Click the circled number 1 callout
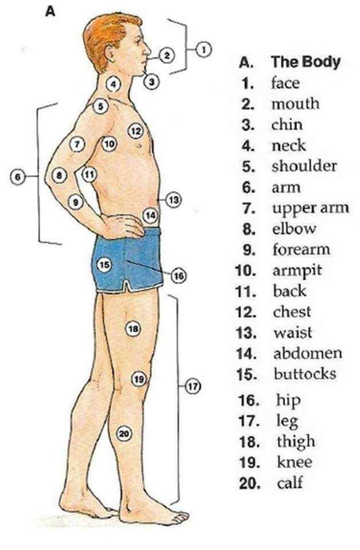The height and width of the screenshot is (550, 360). coord(203,48)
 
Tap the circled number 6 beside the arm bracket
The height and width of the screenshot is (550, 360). coord(18,178)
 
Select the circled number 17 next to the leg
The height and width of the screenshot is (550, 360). coord(192,386)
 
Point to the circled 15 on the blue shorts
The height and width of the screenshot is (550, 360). coord(104,265)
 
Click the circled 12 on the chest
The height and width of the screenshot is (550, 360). coord(135,131)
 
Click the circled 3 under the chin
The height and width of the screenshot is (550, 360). coord(151,82)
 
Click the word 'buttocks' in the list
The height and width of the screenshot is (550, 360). coord(304,374)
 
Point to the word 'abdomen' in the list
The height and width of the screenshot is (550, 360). coord(307,353)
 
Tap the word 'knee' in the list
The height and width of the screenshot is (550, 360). coord(294,462)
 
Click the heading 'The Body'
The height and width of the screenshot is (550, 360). coord(306,62)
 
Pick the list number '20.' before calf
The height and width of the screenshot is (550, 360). coord(251,483)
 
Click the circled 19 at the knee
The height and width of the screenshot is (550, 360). coord(138,379)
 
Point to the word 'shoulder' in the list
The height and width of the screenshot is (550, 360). coord(304,167)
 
